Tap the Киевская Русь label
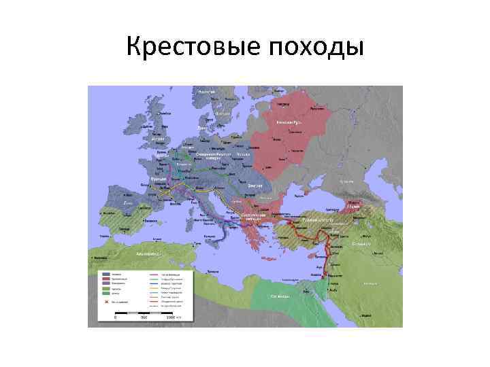[289, 122]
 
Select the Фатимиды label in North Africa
[281, 296]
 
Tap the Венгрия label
[235, 185]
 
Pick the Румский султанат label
[317, 222]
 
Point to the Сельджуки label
[361, 243]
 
